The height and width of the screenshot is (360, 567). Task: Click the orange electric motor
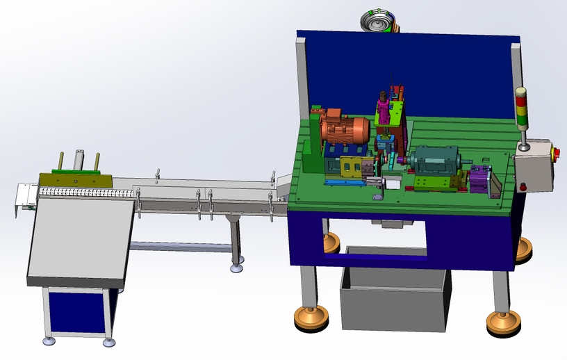coord(345,130)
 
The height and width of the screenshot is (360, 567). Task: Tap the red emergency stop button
coord(554,152)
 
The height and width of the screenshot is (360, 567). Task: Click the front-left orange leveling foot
coord(310,318)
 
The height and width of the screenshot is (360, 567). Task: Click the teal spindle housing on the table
coord(434,161)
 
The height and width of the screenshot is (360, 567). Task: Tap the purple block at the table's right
coord(479,180)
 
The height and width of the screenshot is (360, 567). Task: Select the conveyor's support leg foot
coord(237,268)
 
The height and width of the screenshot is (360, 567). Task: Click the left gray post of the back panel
coord(303,76)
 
